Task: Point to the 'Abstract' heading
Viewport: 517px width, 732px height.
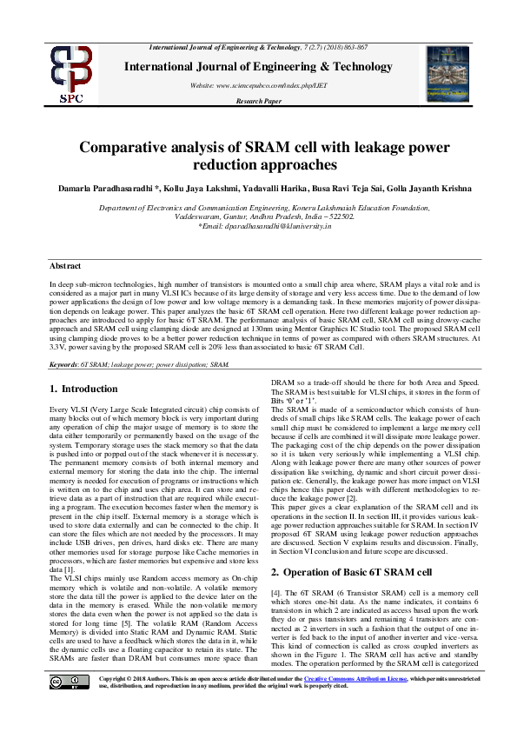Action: coord(64,264)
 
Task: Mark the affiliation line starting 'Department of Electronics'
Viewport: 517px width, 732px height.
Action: coord(258,209)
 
